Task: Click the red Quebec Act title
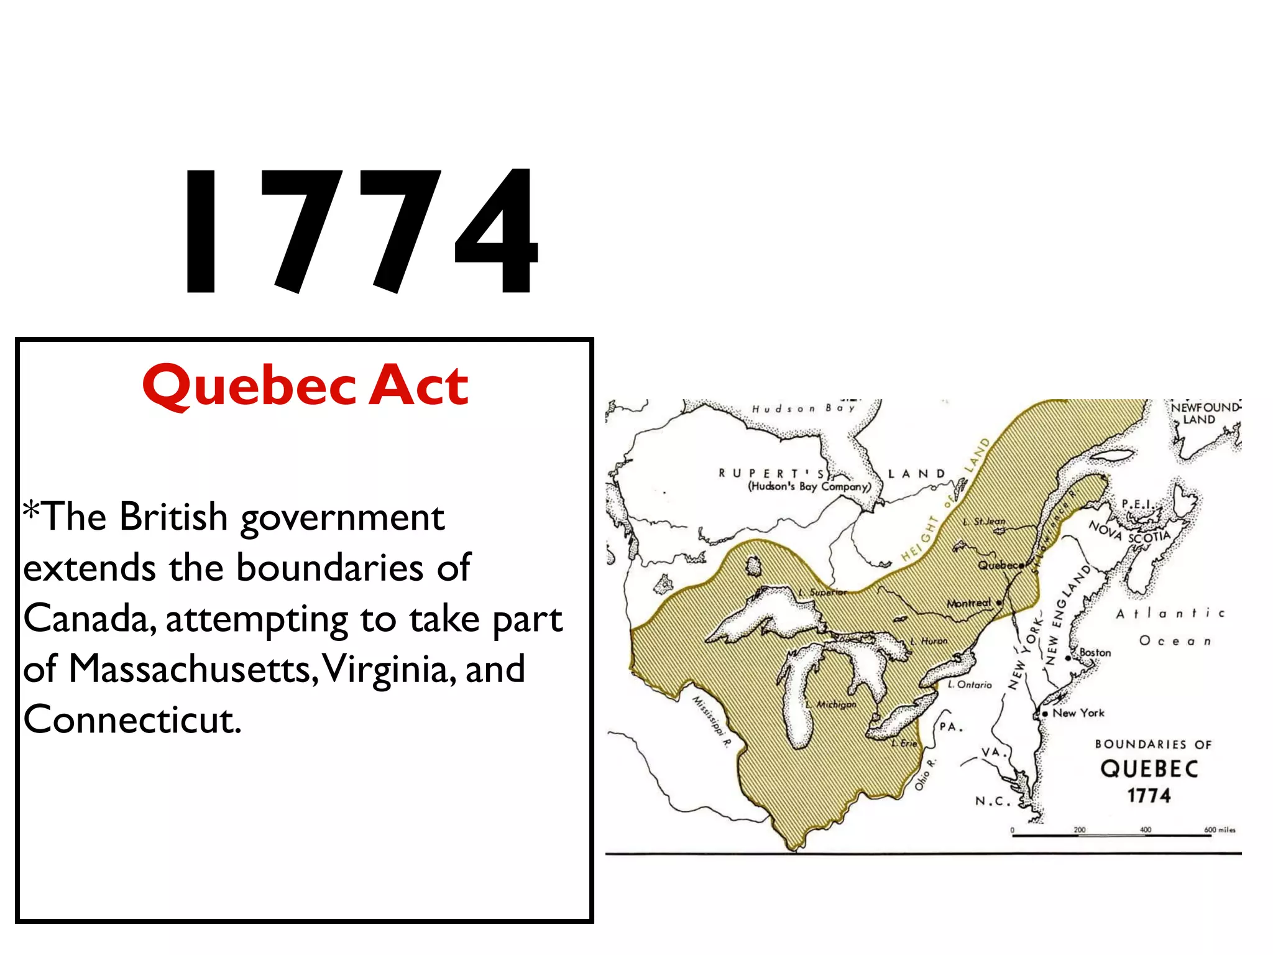[305, 385]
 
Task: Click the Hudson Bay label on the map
[803, 408]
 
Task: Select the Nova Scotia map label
[1129, 532]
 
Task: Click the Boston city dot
[1068, 658]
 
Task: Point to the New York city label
[1078, 713]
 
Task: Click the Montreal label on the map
[968, 603]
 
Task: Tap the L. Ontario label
[970, 685]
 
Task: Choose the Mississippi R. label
[712, 721]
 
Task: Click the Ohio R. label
[924, 775]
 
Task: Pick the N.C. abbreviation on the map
[993, 801]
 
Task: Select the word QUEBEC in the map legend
[1149, 769]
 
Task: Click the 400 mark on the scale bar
[1145, 830]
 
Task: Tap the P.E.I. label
[1137, 503]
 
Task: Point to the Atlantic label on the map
[1170, 614]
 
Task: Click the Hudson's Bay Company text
[809, 487]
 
